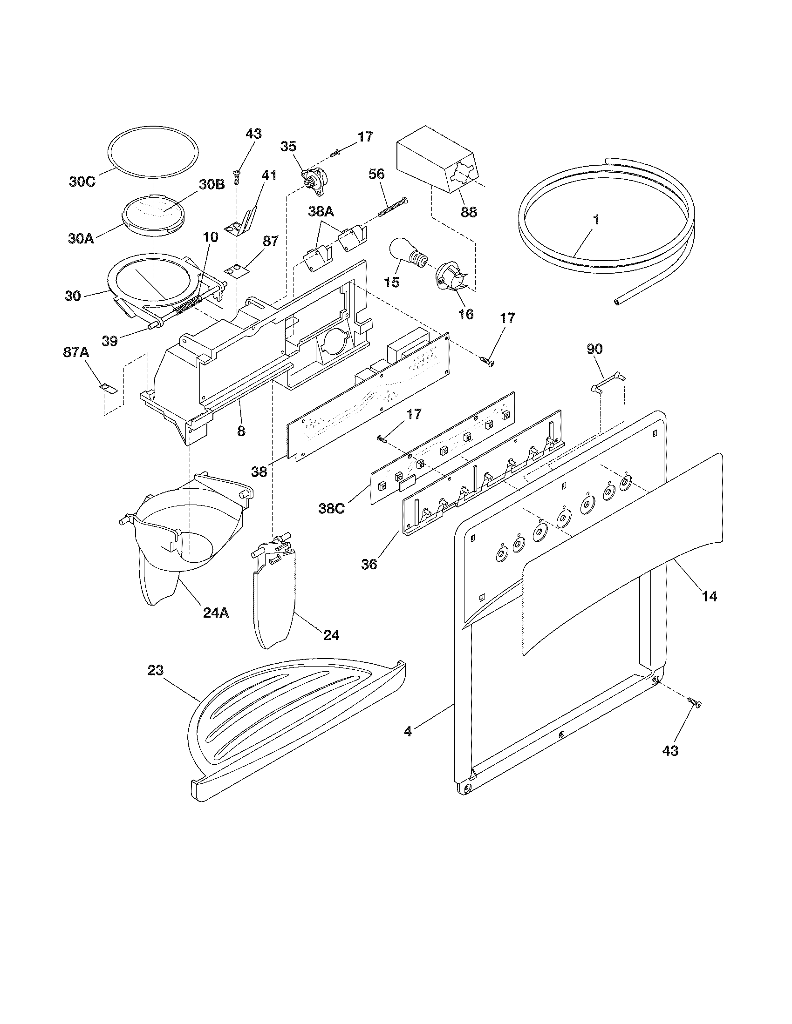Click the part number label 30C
coord(82,182)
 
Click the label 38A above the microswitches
coord(321,212)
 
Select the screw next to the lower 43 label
coord(694,715)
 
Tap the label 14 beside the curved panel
coord(709,596)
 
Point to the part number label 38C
coord(331,508)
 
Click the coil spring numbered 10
coord(189,305)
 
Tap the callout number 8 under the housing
coord(241,431)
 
